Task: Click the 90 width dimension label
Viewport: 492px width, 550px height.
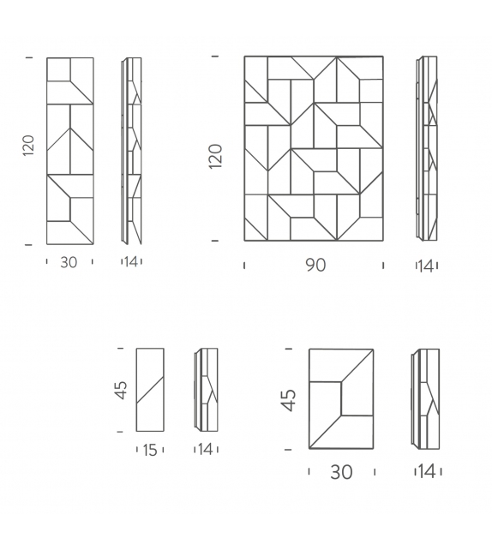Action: tap(315, 266)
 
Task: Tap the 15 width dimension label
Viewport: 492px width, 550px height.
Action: tap(150, 450)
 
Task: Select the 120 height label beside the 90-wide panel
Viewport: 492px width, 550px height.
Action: tap(216, 156)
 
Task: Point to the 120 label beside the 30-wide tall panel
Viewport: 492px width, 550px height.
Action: tap(29, 146)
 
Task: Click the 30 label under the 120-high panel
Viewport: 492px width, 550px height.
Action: tap(69, 262)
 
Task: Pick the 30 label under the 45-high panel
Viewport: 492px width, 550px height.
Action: tap(341, 472)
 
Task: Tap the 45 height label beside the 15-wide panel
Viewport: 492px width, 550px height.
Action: tap(121, 390)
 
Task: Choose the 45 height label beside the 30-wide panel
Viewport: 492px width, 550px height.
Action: tap(289, 400)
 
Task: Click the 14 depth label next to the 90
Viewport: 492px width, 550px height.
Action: tap(426, 266)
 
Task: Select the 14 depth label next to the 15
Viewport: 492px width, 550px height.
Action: tap(206, 449)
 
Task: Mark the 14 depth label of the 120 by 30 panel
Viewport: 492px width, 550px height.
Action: tap(131, 261)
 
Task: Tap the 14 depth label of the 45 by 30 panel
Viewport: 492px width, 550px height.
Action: tap(427, 471)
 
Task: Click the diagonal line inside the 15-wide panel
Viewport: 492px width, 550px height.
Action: tap(150, 390)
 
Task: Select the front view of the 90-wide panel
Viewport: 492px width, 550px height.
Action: tap(314, 148)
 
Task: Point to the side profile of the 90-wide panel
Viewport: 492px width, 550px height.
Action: tap(427, 148)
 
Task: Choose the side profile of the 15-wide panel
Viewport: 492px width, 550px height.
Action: tap(206, 390)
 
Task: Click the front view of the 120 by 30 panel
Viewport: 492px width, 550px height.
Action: tap(70, 151)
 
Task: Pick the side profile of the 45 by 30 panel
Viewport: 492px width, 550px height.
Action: tap(425, 399)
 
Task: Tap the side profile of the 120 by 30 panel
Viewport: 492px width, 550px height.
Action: tap(132, 151)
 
